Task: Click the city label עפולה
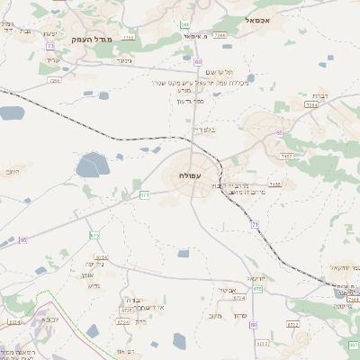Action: (190, 175)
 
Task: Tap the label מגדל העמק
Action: (90, 39)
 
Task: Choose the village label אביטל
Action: (228, 290)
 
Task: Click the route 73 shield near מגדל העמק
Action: (50, 45)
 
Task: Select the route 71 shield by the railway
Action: (255, 224)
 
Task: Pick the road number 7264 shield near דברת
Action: (311, 104)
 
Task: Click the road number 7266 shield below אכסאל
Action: (220, 35)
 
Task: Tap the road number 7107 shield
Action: (285, 157)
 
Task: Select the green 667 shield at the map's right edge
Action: (354, 345)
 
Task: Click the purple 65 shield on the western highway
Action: (23, 239)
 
